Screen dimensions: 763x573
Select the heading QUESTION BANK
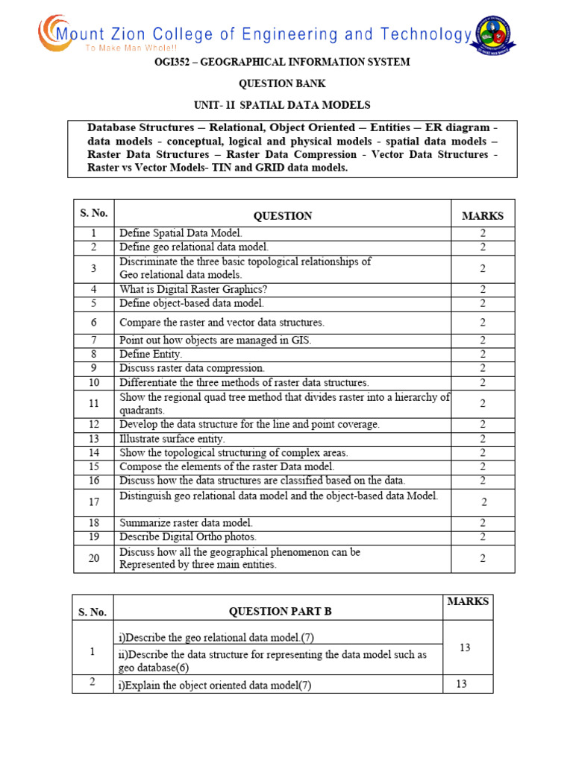point(282,83)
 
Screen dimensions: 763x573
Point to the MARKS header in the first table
point(482,216)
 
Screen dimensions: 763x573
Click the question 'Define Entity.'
point(151,354)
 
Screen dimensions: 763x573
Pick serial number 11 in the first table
point(94,403)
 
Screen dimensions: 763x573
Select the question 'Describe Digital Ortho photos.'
point(188,536)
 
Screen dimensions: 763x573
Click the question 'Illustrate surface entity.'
point(172,438)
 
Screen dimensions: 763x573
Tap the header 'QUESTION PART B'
point(280,612)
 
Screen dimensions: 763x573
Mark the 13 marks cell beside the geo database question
point(465,648)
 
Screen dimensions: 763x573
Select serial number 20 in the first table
point(94,558)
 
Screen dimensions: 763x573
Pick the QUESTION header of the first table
point(283,216)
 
